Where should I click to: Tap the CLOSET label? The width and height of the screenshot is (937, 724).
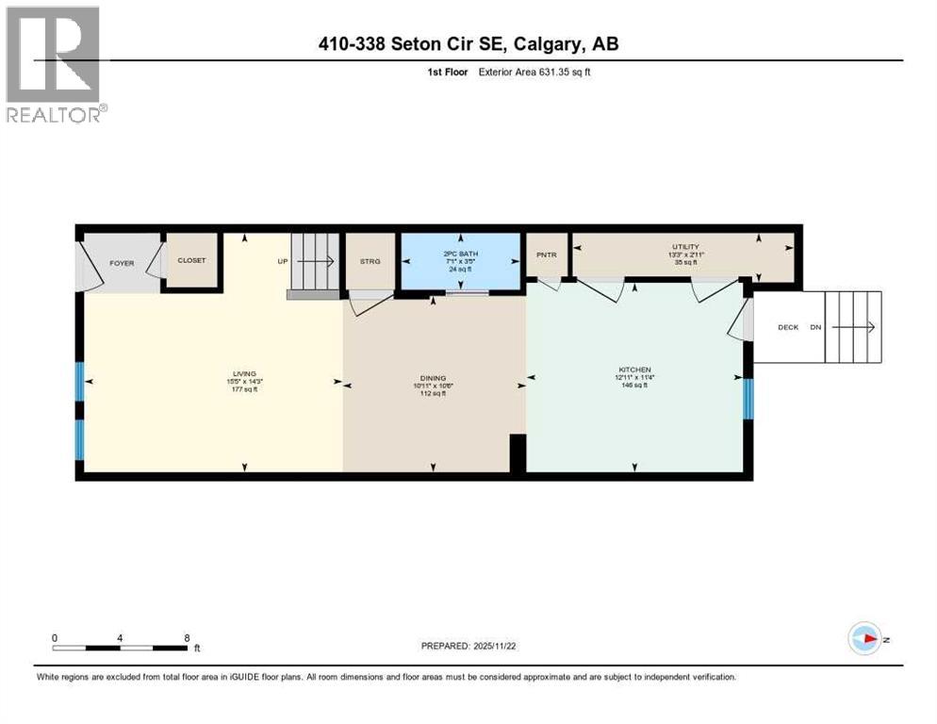tap(191, 260)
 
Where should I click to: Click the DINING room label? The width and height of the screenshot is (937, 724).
tap(434, 378)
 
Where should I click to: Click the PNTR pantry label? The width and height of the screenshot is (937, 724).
tap(547, 255)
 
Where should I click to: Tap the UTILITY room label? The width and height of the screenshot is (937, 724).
tap(685, 247)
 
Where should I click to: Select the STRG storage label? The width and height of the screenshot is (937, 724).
tap(370, 261)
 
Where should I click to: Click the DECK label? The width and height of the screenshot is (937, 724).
tap(787, 327)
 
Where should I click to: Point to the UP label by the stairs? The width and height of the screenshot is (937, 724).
tap(282, 261)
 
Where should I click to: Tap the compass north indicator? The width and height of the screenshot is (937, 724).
tap(864, 638)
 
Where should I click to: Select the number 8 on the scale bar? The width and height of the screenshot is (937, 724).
tap(187, 637)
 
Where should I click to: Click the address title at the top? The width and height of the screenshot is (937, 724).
tap(468, 43)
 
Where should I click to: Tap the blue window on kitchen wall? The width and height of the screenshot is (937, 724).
tap(748, 398)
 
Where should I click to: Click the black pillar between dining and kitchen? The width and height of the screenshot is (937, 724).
tap(517, 452)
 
